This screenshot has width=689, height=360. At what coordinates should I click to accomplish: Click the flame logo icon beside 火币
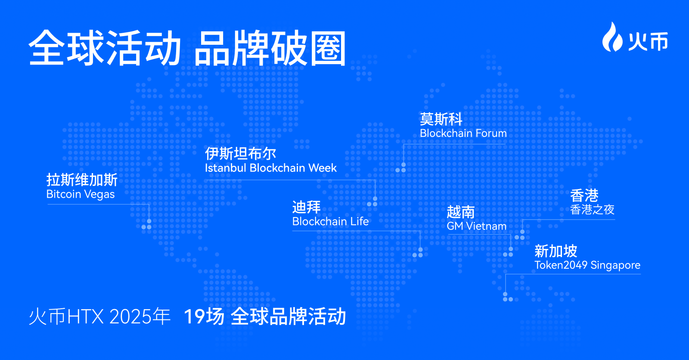point(612,37)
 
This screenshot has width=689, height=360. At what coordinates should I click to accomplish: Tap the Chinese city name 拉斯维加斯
point(82,180)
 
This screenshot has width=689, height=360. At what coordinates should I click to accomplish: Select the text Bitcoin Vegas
point(80,194)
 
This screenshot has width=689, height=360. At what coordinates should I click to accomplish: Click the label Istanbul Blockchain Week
point(271,168)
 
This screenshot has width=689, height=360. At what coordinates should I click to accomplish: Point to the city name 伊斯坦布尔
point(241,153)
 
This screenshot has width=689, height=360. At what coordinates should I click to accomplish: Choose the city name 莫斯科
point(441,119)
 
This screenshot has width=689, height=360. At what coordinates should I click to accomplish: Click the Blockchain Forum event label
point(463,133)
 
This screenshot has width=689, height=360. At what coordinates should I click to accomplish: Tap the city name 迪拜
point(306,207)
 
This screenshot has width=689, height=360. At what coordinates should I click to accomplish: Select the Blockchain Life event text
point(330,221)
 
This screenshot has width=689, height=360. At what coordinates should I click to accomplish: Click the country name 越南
point(461,212)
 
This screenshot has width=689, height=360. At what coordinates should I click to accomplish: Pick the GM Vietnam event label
point(476,227)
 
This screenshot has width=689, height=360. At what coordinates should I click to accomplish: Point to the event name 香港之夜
point(592,210)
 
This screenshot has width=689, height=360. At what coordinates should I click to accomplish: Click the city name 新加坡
point(556,251)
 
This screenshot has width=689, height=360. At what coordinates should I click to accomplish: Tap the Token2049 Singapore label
point(587,265)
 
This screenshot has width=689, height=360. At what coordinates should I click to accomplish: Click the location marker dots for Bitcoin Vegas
point(147,225)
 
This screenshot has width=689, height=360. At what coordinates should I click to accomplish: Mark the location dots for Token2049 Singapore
point(508,297)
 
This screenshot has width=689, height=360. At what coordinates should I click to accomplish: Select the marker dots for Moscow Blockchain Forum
point(401,168)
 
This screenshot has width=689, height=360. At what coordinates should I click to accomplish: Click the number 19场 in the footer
point(204,317)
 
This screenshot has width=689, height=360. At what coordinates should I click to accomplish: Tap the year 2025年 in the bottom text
point(140,317)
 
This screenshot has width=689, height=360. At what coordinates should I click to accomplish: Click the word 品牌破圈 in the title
point(271,48)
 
